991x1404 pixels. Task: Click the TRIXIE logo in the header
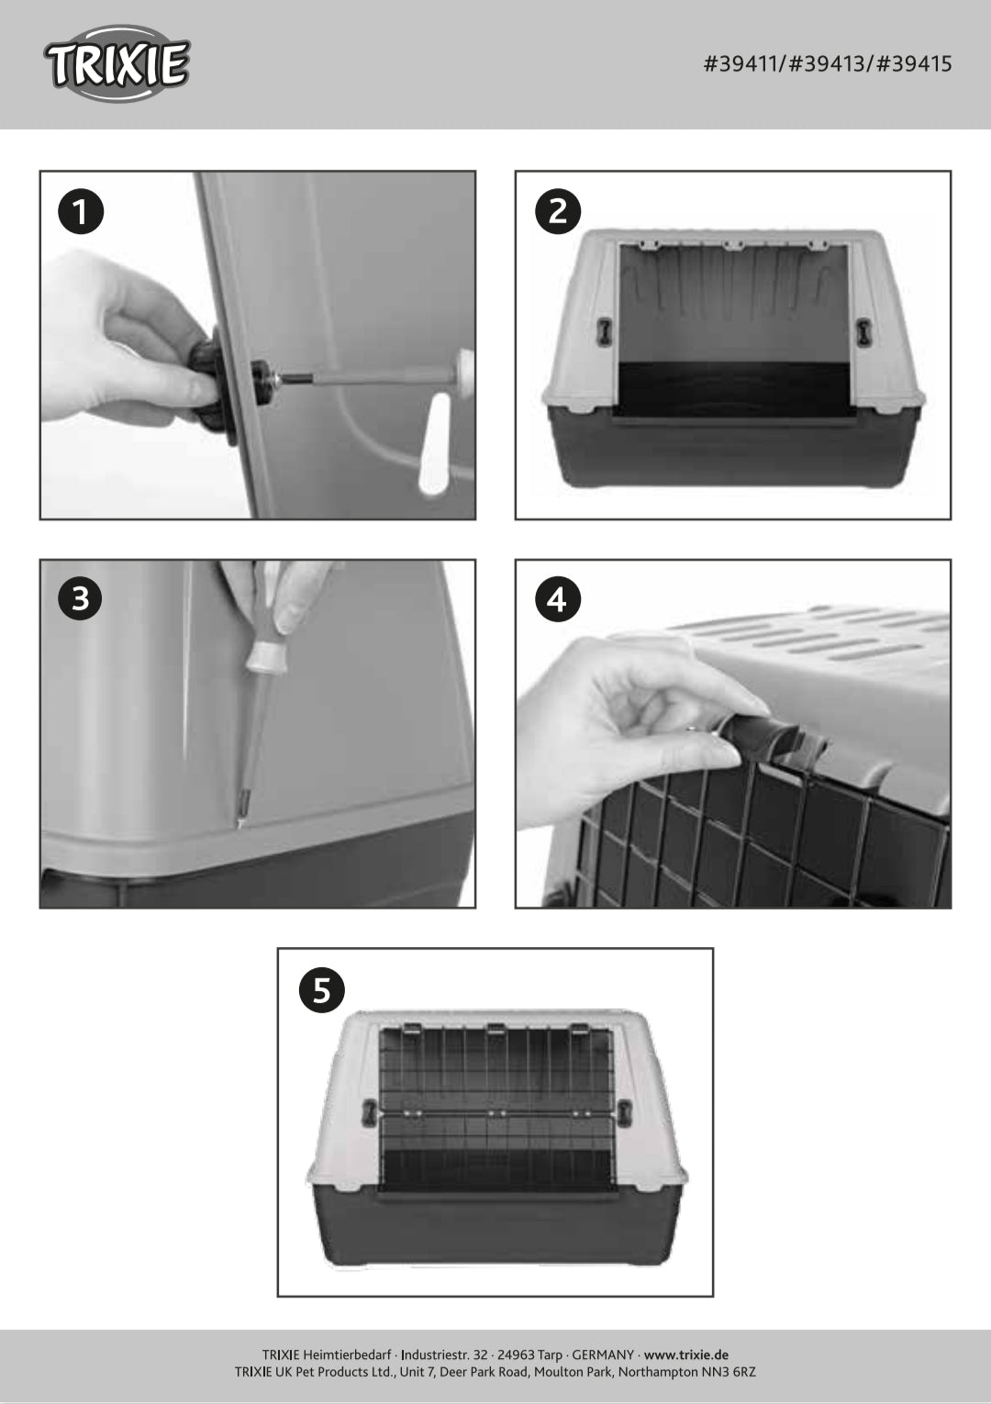[x=117, y=64]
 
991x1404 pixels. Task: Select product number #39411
[x=743, y=64]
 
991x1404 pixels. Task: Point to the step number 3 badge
[x=81, y=599]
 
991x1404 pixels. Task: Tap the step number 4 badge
[x=557, y=599]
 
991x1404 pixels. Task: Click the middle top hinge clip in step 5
[x=496, y=1030]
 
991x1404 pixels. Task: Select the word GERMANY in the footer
[x=603, y=1354]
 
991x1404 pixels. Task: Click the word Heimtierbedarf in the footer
[x=348, y=1354]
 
